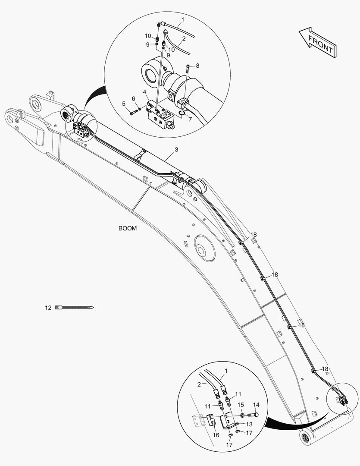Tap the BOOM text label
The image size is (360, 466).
(x=128, y=229)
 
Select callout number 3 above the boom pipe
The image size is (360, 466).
(x=176, y=150)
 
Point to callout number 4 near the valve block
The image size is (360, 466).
(x=145, y=92)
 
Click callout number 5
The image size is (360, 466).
(x=124, y=104)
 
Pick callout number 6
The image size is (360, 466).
(x=134, y=99)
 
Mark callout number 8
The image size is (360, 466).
(x=197, y=66)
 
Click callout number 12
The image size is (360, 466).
(x=48, y=308)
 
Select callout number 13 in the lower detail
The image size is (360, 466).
(x=249, y=425)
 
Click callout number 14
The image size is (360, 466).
(x=256, y=405)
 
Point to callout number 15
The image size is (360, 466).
(x=241, y=405)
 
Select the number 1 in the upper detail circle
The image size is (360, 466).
(x=182, y=19)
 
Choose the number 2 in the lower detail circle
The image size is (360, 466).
(x=199, y=384)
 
